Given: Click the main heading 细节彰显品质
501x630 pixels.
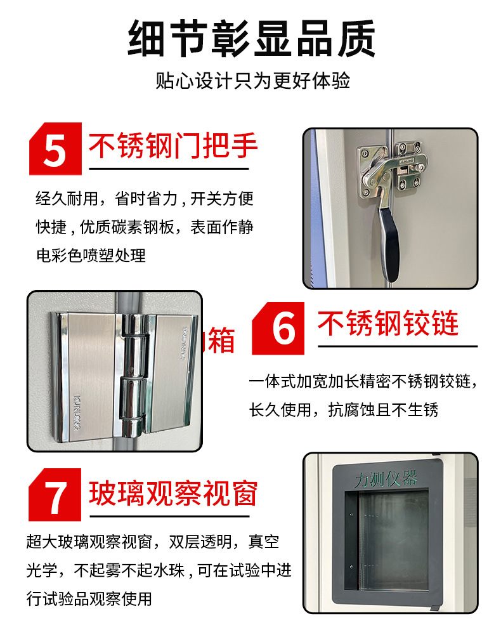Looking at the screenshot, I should (251, 39).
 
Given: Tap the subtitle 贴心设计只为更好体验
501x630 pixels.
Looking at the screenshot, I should (252, 81).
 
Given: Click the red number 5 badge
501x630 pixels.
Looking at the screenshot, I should (55, 150).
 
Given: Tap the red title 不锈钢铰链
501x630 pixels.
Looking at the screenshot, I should (388, 324).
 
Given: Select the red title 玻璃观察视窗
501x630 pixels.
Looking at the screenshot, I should (173, 494).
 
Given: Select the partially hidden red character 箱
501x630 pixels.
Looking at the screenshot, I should (221, 341).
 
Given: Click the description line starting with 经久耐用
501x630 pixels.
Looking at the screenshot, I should (145, 199).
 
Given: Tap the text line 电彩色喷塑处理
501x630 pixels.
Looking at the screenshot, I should (91, 255).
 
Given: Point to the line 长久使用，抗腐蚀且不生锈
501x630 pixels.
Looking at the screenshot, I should (344, 410).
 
